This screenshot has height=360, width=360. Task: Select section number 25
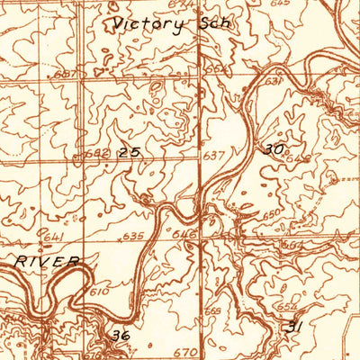pyautogui.click(x=130, y=152)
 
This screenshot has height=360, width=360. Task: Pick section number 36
pyautogui.click(x=121, y=335)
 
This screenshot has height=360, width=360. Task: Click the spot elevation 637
pyautogui.click(x=213, y=156)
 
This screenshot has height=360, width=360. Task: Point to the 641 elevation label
pyautogui.click(x=51, y=236)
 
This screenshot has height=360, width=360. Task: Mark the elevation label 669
pyautogui.click(x=213, y=310)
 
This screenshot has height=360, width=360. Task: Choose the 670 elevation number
pyautogui.click(x=184, y=352)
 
